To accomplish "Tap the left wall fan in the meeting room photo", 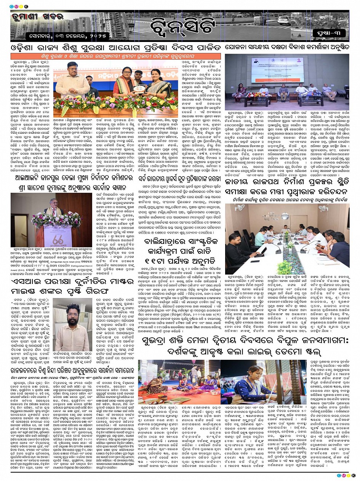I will [240, 208].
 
